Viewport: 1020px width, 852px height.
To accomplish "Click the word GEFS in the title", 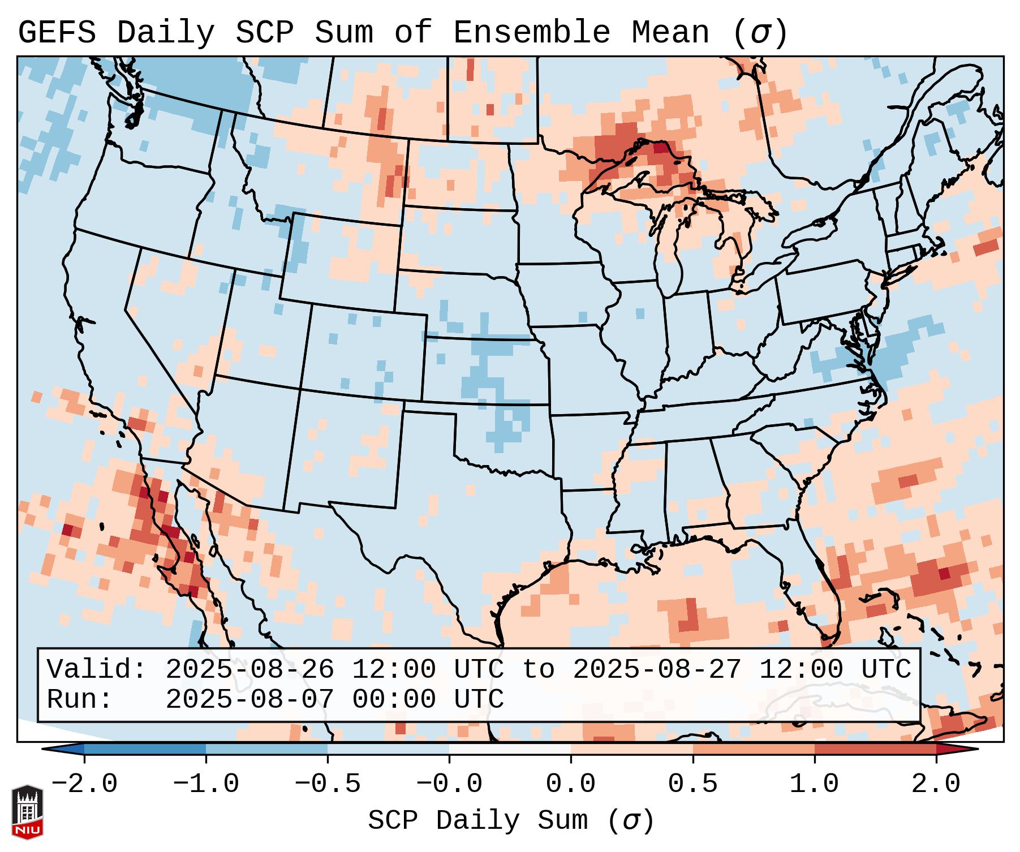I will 57,33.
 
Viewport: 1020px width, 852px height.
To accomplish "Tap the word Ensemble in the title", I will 532,33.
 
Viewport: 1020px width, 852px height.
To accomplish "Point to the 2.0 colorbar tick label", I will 936,784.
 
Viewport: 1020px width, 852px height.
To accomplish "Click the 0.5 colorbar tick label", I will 692,784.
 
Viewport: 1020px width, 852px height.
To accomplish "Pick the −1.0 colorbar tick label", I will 205,784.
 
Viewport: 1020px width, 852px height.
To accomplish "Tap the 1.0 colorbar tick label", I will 814,784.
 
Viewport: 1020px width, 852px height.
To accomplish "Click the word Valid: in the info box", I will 97,669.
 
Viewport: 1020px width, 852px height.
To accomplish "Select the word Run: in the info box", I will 80,699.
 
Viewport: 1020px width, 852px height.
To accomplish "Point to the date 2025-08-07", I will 249,699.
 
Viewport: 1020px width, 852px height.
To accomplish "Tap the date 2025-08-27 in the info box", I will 657,669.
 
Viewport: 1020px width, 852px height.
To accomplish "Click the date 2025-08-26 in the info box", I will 249,669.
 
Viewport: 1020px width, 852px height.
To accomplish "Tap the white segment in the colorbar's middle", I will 510,749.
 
